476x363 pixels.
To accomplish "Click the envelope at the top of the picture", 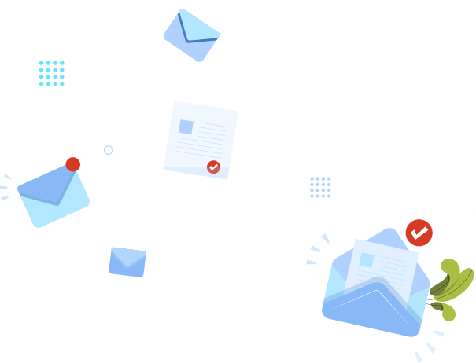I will click(x=191, y=35).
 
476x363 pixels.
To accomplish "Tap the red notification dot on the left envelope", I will click(x=73, y=164).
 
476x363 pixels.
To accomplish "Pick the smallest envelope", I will click(x=127, y=261).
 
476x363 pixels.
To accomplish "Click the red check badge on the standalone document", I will click(x=213, y=167).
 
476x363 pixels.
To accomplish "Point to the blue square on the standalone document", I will click(x=186, y=126).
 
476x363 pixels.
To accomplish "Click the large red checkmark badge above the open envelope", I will click(x=419, y=233).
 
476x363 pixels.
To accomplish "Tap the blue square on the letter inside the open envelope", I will click(x=367, y=260).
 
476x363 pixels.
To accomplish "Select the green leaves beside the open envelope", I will click(x=452, y=288).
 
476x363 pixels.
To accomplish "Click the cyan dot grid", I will click(x=52, y=73).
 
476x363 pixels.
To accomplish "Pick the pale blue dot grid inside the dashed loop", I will click(x=320, y=187).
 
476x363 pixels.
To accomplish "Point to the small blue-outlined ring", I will click(x=109, y=150).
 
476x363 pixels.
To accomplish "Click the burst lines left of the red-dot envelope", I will click(x=6, y=187).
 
